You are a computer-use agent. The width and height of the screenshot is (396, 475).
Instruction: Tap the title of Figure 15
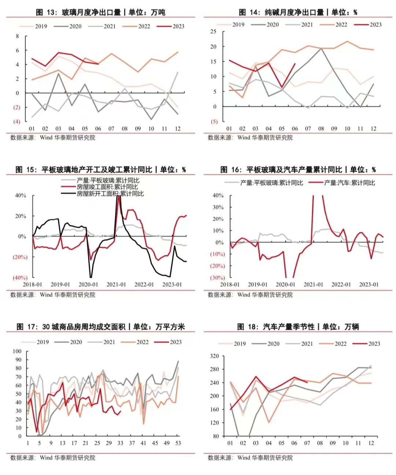(x=100, y=170)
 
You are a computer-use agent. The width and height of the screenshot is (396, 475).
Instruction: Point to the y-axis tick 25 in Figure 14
(x=213, y=32)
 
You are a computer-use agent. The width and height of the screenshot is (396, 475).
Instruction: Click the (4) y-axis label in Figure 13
(x=16, y=122)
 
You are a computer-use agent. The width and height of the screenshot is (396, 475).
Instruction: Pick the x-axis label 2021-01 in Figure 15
(x=116, y=284)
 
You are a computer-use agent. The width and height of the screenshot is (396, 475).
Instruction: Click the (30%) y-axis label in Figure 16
(x=217, y=278)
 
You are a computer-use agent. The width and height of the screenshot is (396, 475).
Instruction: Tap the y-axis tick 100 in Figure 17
(x=17, y=351)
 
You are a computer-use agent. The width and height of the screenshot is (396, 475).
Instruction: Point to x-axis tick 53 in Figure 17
(x=178, y=443)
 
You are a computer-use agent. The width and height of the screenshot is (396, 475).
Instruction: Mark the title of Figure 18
(x=298, y=327)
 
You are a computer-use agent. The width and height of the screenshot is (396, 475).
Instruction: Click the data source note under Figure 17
(x=53, y=458)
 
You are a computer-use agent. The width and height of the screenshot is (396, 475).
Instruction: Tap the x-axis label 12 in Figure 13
(x=177, y=129)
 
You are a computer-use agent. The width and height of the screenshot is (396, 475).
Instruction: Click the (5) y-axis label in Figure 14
(x=214, y=122)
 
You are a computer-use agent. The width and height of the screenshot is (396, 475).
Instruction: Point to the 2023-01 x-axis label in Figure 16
(x=369, y=284)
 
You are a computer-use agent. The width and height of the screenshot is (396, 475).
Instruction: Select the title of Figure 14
(x=298, y=12)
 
